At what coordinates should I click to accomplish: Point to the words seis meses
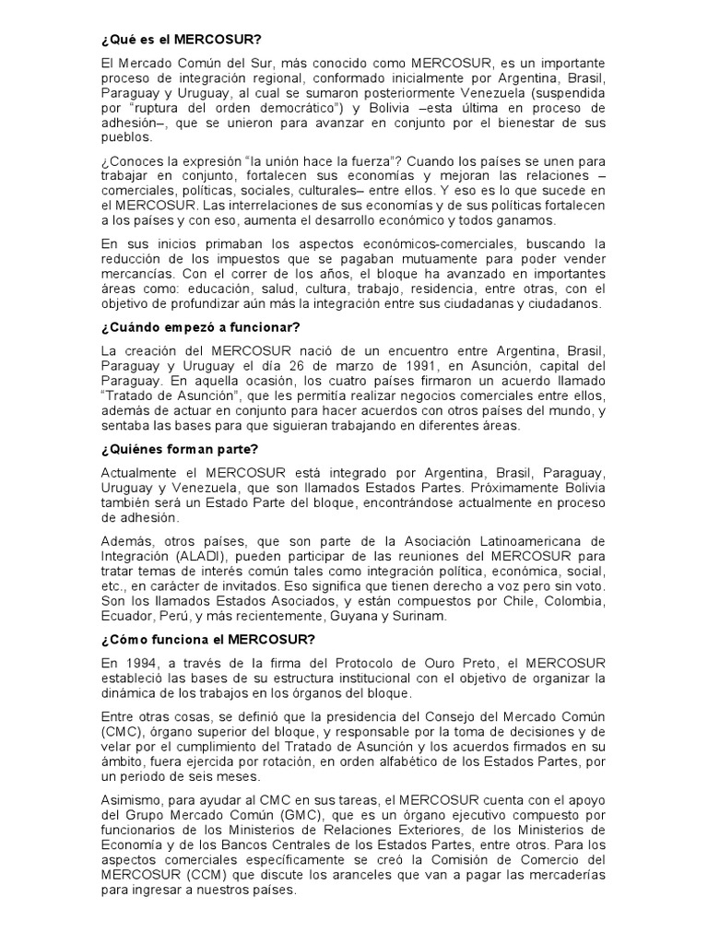click(206, 780)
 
